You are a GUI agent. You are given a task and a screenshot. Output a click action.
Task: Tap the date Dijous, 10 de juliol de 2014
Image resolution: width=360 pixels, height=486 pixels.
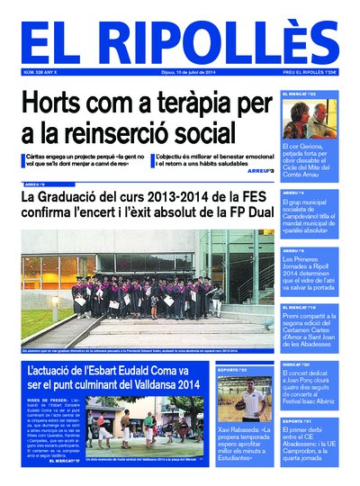175,71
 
